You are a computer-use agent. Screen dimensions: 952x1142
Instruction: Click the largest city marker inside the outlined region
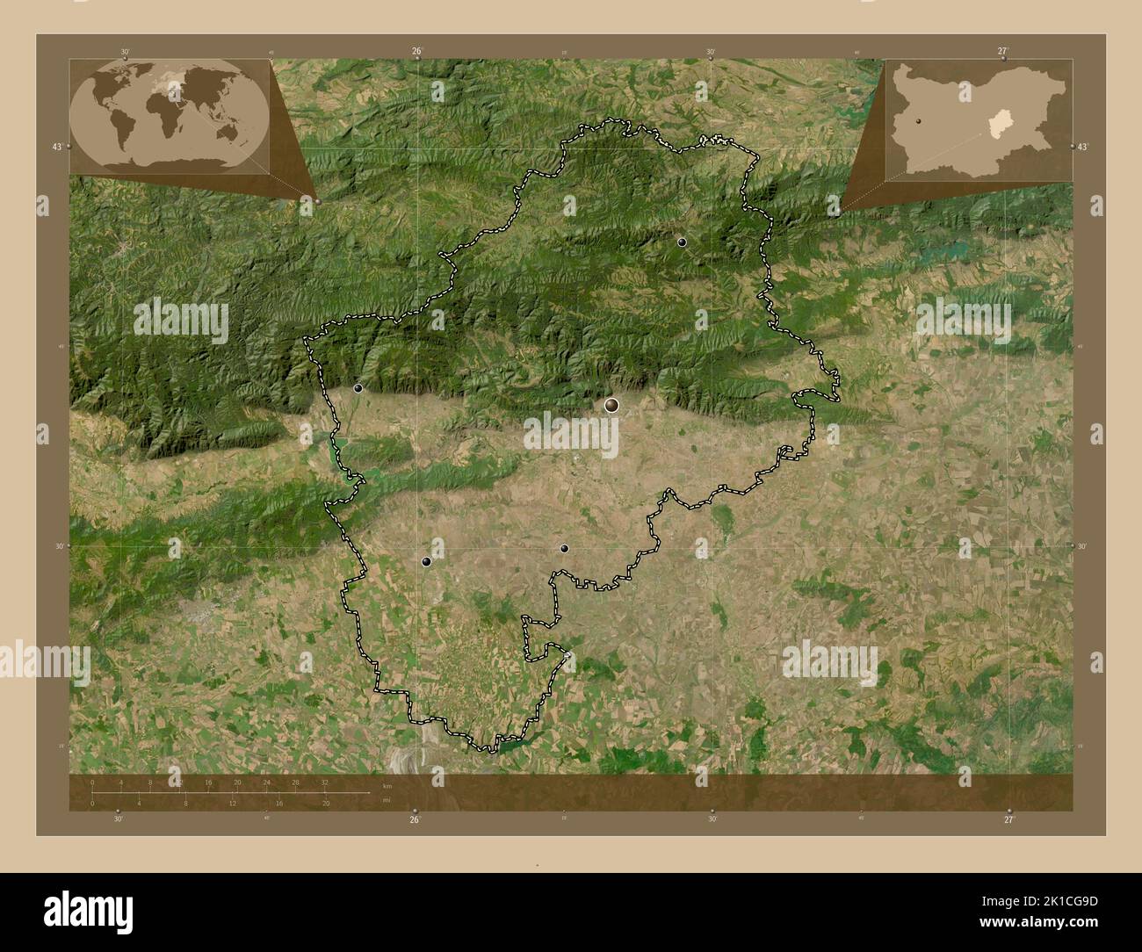[x=611, y=405]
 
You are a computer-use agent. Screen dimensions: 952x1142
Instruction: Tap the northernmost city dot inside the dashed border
[x=682, y=242]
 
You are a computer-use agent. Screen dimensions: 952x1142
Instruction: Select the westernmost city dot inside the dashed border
[x=358, y=387]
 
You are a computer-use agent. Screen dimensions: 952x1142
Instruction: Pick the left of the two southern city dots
[x=426, y=561]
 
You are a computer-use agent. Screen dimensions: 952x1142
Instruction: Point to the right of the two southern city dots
[x=564, y=548]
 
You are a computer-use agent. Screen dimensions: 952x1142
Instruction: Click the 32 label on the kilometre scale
[x=325, y=782]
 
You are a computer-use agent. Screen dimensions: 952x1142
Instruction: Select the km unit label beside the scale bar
[x=387, y=785]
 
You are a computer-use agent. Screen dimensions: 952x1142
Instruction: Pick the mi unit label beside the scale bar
[x=387, y=799]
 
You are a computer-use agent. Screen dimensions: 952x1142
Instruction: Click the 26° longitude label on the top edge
[x=417, y=51]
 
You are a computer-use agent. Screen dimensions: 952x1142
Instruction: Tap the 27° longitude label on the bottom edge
[x=1008, y=819]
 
